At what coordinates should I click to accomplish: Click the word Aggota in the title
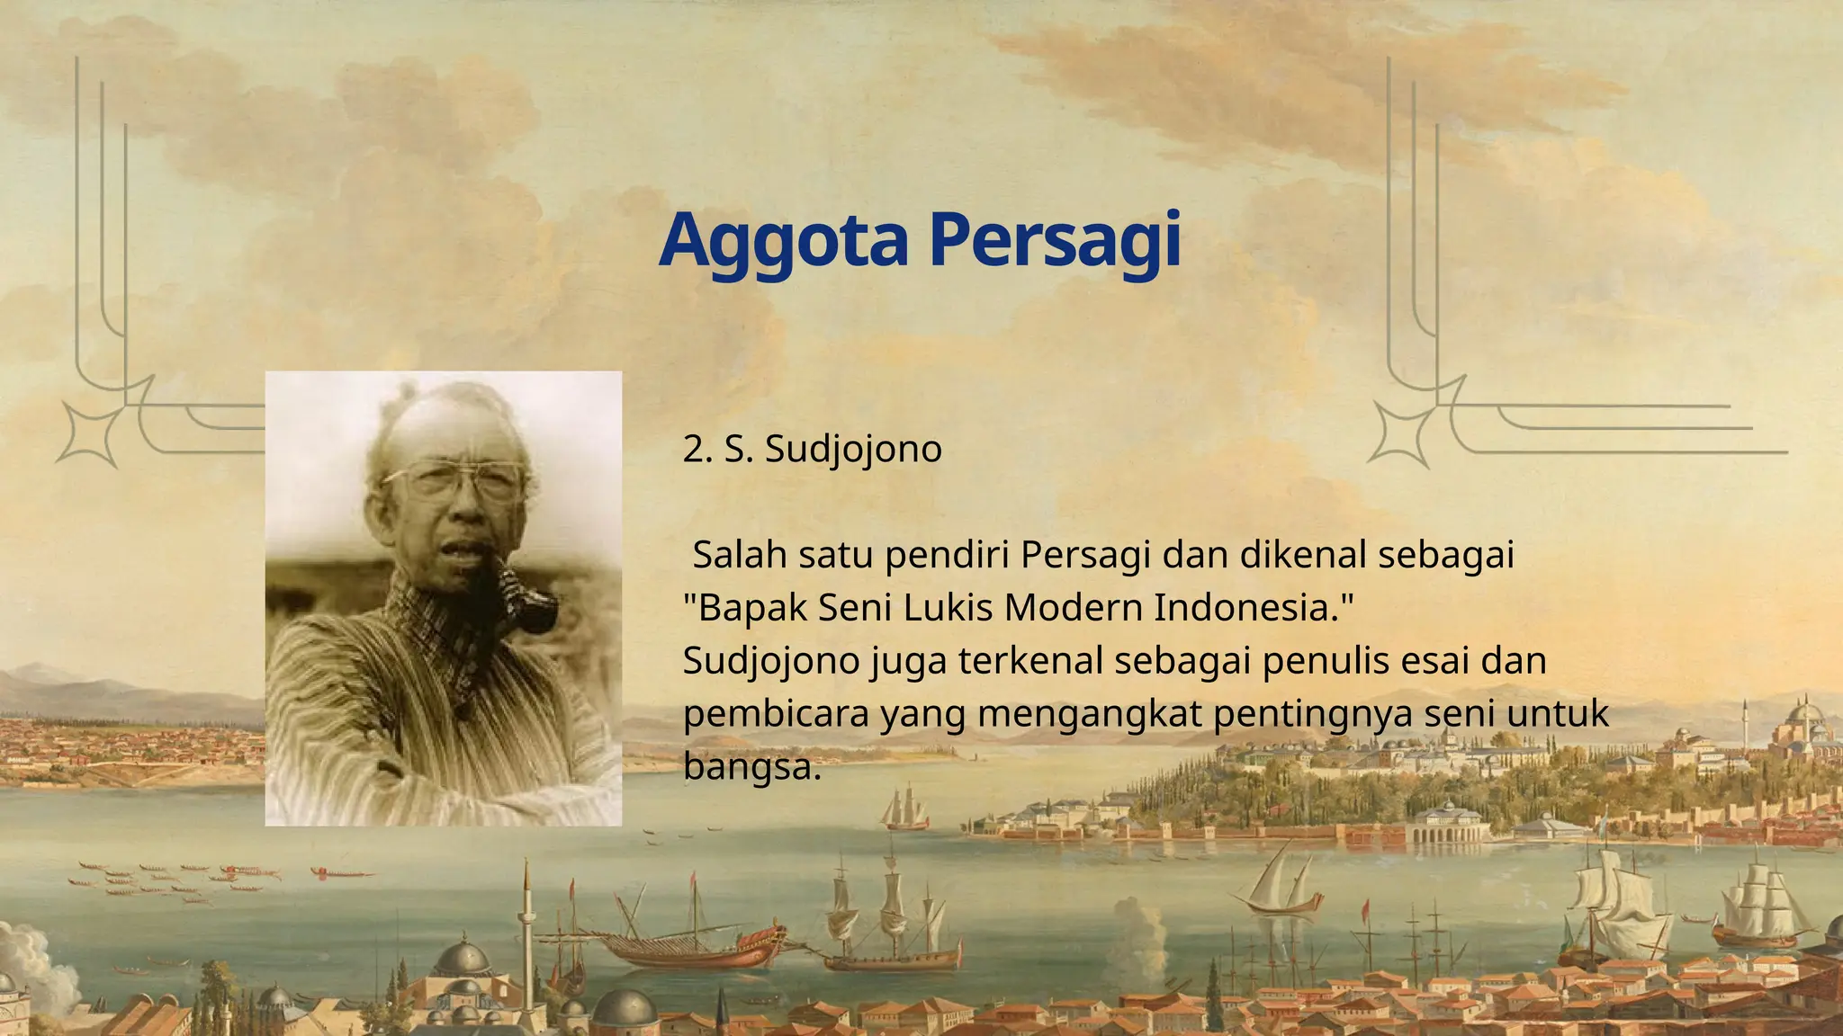point(783,241)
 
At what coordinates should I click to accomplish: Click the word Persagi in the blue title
point(1055,241)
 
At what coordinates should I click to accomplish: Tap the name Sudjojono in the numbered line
point(853,449)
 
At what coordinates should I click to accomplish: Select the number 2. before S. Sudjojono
point(698,449)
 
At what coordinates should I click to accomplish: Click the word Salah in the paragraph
point(740,555)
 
